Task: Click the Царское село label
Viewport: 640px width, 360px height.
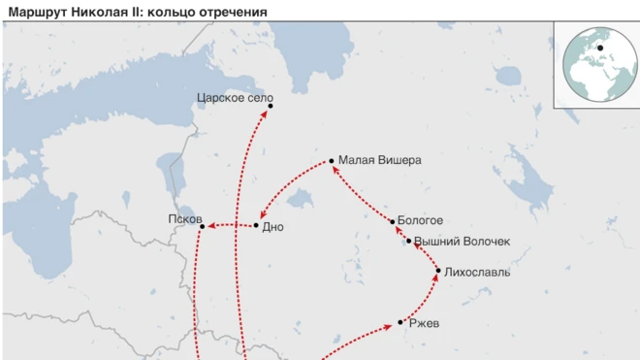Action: click(235, 98)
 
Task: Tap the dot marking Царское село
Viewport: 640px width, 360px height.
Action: click(271, 106)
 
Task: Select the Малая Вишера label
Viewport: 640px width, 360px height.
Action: click(380, 161)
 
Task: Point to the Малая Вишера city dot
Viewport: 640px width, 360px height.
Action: click(332, 161)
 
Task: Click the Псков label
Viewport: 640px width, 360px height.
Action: click(183, 219)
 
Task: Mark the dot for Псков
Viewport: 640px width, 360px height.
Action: click(202, 227)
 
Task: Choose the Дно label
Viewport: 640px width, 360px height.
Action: click(273, 226)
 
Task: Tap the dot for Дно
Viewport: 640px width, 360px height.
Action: click(256, 226)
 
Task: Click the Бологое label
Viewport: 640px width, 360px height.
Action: click(421, 221)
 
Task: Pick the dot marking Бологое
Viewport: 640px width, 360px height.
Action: click(393, 222)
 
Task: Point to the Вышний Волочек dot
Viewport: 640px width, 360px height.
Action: click(409, 241)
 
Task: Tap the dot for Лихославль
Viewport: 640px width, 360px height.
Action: click(438, 271)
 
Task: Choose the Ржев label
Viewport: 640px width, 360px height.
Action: click(425, 323)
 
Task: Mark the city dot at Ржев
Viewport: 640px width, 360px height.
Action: click(400, 322)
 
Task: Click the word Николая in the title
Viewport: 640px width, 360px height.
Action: click(100, 11)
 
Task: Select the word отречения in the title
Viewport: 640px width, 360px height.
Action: click(234, 11)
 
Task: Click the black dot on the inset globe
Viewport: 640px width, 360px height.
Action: click(599, 48)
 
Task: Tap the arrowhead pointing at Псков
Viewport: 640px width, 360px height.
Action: click(210, 227)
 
